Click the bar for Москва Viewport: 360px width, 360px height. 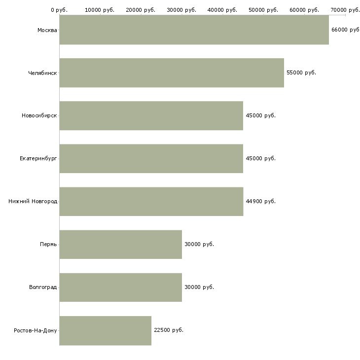194,30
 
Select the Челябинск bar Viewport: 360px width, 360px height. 172,73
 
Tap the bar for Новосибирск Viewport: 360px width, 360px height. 151,116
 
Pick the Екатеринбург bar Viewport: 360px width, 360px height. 151,159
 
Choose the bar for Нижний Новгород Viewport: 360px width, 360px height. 151,202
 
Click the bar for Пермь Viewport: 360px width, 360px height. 121,245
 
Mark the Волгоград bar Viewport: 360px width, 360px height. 121,288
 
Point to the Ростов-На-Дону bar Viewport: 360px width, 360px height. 106,330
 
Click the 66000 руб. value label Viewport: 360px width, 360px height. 346,30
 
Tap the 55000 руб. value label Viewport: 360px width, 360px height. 301,73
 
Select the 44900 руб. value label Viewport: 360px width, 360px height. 260,201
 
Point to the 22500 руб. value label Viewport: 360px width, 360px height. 169,330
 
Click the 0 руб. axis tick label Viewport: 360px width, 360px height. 59,10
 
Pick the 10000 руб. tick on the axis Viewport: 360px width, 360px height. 100,10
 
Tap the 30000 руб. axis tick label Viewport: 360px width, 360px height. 181,10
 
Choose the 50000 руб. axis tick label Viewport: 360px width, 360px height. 263,10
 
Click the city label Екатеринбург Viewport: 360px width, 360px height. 38,159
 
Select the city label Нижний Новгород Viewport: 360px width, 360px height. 33,201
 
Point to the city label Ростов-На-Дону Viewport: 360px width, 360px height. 35,330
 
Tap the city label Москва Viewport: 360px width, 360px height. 47,30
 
